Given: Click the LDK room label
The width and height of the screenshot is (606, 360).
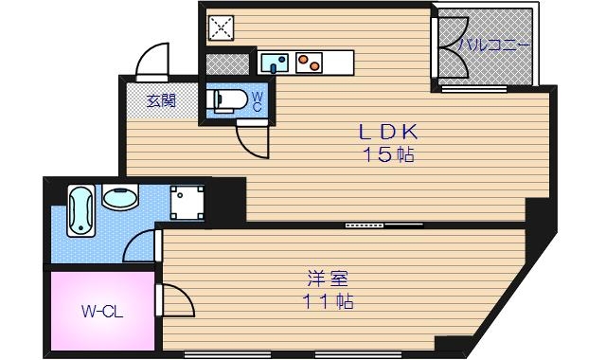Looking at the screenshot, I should click(386, 133).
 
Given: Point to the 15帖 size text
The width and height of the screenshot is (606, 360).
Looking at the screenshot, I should click(387, 155).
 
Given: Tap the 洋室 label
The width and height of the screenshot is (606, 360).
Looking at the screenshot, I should click(329, 279).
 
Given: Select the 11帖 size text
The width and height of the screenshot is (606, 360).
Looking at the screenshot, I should click(329, 302).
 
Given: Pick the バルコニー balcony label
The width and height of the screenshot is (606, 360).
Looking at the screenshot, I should click(493, 45).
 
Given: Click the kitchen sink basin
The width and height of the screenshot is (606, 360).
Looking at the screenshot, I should click(276, 64).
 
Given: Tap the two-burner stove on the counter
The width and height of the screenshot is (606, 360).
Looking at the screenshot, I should click(308, 64).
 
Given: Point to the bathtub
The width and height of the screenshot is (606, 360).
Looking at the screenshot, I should click(80, 211).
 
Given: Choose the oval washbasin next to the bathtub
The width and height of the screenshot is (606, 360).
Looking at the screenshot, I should click(120, 199).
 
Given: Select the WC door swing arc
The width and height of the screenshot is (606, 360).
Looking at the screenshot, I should click(253, 139).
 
